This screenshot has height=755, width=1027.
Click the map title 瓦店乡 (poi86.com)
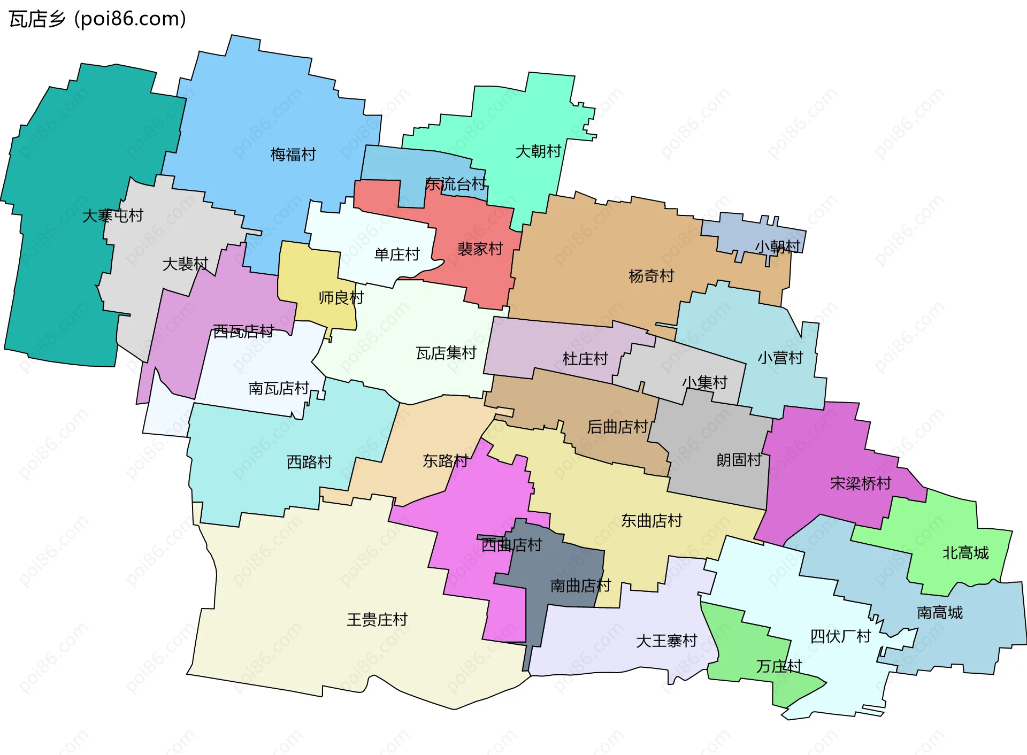coord(97,19)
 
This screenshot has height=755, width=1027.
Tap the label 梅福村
coord(293,155)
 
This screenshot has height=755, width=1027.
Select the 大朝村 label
coord(538,151)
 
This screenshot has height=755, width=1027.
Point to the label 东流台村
coord(456,184)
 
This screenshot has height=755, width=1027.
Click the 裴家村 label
coord(480,249)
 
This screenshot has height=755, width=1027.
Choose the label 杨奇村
coord(651,276)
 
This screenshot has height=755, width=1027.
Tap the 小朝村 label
coord(777,246)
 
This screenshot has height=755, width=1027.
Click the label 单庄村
coord(397,255)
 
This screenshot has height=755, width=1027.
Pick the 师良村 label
coord(341,297)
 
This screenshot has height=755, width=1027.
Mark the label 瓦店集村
coord(446,353)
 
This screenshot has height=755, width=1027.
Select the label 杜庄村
coord(585,358)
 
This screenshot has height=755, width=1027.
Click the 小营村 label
coord(780,357)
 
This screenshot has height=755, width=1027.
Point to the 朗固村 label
coord(739,460)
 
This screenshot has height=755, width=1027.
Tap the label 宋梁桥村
coord(860,483)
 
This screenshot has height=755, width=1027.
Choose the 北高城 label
coord(965,553)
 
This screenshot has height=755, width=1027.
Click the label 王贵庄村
coord(377,620)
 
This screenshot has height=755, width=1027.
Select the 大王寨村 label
coord(666,641)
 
